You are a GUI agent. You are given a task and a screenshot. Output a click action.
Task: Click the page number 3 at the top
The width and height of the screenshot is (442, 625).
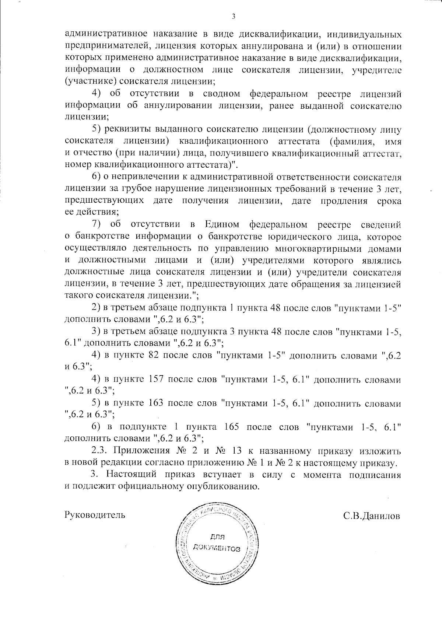(233, 15)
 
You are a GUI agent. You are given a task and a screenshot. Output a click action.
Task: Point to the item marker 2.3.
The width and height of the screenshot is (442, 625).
(99, 451)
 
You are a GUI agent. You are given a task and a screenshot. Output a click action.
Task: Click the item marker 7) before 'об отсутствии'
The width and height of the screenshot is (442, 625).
(96, 224)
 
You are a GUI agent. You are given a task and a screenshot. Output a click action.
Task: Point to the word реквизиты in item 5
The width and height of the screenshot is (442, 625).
(127, 130)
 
